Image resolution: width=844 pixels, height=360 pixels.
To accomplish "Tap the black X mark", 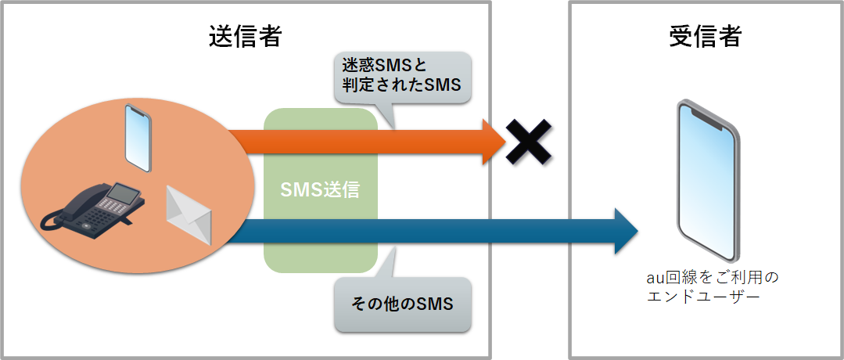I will click(x=528, y=141).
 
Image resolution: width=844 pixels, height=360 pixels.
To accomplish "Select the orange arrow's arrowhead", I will click(x=494, y=142).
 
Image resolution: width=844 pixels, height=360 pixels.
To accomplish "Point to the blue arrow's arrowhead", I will click(x=627, y=232).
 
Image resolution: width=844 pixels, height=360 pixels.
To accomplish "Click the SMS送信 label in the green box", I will click(x=321, y=190).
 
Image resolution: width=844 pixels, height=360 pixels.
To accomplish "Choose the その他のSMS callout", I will click(x=403, y=304).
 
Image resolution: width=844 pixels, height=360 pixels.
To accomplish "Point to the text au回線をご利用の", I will click(x=711, y=278).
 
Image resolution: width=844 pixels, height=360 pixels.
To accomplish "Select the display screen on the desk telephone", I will click(x=123, y=192).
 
